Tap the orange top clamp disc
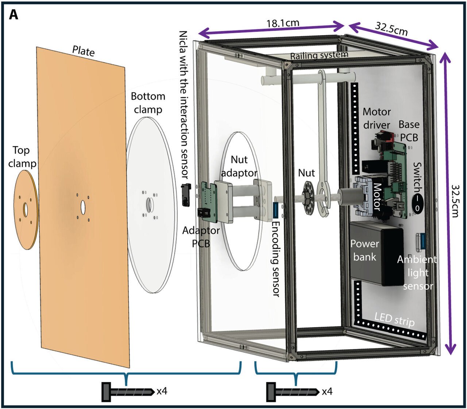26,209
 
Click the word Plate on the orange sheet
84,51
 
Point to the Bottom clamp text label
148,103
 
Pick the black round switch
417,203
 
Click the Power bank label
364,250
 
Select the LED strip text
394,319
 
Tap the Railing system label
319,55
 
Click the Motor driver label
377,118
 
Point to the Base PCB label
409,131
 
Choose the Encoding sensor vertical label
276,259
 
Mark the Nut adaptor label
239,166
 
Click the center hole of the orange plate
83,207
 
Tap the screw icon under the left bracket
128,392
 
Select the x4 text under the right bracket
327,392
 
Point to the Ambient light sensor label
417,272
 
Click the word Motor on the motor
377,197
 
